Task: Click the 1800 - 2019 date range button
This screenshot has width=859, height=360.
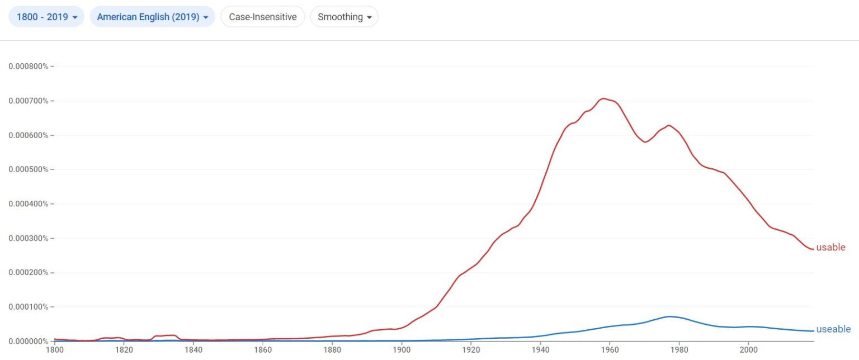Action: (46, 17)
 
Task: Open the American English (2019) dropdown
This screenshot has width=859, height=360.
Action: (152, 17)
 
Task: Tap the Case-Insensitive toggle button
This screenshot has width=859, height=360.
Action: (262, 17)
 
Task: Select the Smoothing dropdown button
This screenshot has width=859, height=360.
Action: (344, 17)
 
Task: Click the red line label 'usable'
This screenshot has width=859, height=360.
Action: (830, 248)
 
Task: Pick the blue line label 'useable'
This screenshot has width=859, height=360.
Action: (833, 329)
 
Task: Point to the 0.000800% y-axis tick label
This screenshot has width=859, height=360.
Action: (29, 67)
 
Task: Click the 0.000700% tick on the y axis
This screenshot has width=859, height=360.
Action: (29, 101)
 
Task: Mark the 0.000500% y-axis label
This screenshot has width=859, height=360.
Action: (29, 169)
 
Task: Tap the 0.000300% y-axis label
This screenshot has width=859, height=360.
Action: (29, 238)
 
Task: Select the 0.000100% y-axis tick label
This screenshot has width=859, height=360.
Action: (29, 307)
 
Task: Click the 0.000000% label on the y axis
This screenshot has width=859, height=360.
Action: (29, 341)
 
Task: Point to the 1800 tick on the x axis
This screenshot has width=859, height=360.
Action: (54, 350)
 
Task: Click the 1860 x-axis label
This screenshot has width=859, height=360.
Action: (262, 350)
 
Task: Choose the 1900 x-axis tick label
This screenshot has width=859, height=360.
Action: (401, 350)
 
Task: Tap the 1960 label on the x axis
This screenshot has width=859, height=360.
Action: (609, 350)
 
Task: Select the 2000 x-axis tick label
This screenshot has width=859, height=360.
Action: (748, 350)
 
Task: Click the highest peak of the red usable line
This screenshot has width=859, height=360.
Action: (603, 98)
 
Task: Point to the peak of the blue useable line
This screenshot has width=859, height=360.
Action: (669, 316)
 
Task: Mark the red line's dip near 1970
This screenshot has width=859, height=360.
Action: (645, 142)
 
